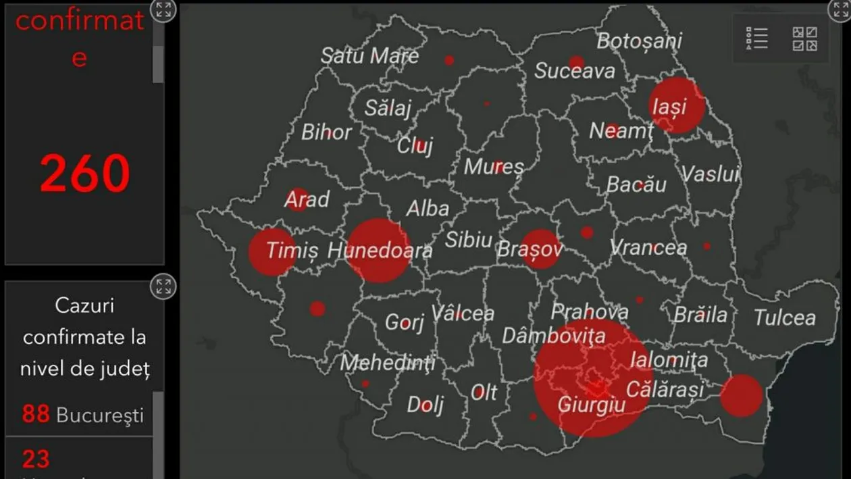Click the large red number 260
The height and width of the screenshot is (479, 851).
point(84,174)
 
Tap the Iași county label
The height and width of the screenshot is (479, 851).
point(668,106)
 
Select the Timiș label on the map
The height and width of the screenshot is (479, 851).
point(291,251)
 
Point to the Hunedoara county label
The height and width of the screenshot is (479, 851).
point(380,251)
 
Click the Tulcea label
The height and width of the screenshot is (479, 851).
point(784,317)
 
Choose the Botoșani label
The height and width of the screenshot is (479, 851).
point(639,41)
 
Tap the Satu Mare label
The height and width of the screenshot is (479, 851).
point(369,55)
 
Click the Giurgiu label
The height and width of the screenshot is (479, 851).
point(591,404)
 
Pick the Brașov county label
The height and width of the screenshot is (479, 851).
point(530,249)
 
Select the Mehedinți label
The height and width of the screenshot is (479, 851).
point(387,363)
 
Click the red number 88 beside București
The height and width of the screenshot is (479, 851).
point(36,413)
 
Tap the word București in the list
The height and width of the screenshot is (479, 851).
point(100,415)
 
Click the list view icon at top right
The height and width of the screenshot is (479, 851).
point(756,38)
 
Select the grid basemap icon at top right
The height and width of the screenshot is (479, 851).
point(804,39)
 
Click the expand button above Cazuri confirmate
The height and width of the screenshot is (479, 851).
point(163,287)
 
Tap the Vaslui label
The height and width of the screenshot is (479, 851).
point(709,174)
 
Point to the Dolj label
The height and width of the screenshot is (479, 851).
point(425,404)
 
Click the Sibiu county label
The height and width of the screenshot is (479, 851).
point(468,239)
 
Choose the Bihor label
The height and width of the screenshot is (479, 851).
point(326,132)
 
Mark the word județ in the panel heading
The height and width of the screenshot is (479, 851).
point(126,369)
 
